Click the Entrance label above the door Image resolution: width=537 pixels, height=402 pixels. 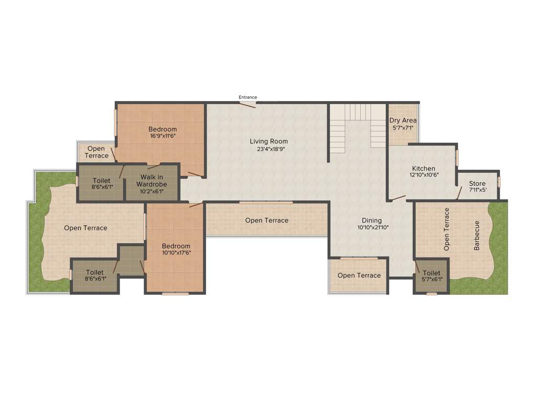[x=248, y=97]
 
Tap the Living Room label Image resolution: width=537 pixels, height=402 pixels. [x=268, y=141]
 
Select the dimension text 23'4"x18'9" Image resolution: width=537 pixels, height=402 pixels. [x=268, y=149]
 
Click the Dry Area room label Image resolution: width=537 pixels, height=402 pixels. [x=403, y=120]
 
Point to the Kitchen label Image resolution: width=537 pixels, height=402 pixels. [x=423, y=169]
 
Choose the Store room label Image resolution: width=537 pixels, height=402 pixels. [x=477, y=184]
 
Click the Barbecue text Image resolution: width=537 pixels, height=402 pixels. [x=477, y=235]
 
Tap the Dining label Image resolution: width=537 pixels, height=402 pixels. [x=372, y=220]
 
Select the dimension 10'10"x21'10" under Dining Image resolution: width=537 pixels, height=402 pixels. [x=372, y=228]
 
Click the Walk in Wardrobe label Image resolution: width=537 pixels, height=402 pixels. [x=152, y=181]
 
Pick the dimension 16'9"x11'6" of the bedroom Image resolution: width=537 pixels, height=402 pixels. [x=163, y=136]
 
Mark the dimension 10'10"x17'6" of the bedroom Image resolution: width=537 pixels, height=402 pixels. [x=176, y=253]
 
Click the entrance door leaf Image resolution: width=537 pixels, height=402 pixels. [x=248, y=105]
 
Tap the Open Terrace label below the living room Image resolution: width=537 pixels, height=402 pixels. [x=266, y=220]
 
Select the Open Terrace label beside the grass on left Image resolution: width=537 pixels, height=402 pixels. [x=85, y=228]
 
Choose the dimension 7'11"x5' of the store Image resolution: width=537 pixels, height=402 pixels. [x=477, y=191]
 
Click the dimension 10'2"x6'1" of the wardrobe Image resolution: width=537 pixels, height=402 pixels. [x=152, y=191]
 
